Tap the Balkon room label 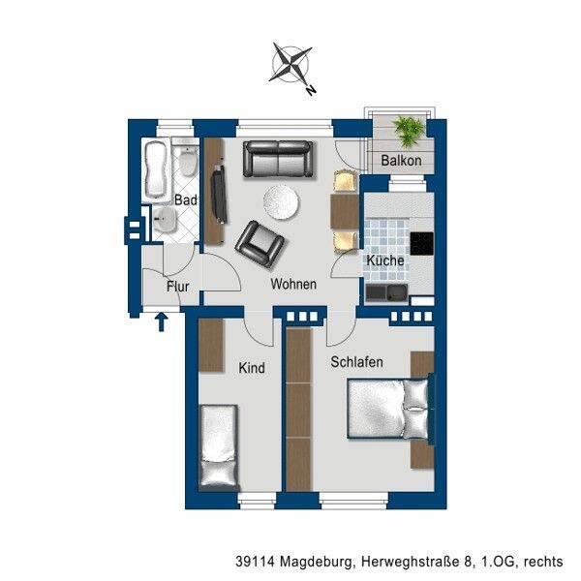click(401, 161)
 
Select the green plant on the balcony click(409, 131)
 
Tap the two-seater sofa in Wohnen click(278, 159)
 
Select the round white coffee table click(282, 202)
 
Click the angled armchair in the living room click(260, 245)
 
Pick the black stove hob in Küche click(422, 243)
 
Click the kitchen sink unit click(386, 292)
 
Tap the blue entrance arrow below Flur click(161, 321)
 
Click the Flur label click(177, 287)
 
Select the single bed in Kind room click(219, 445)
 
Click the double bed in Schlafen click(388, 409)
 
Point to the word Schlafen click(356, 362)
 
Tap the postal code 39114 click(256, 562)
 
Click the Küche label click(385, 260)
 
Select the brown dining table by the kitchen click(345, 212)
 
